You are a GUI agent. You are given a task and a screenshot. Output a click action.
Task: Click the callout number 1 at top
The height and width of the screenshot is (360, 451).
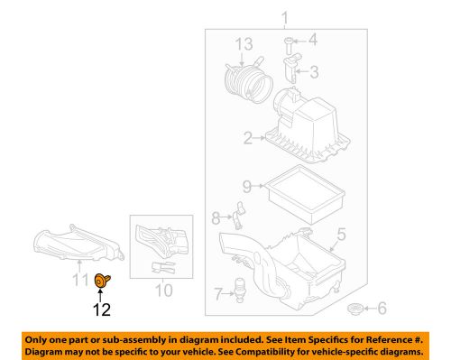tap(286, 19)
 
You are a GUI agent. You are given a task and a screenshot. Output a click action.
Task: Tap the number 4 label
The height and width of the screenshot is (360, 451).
tap(313, 40)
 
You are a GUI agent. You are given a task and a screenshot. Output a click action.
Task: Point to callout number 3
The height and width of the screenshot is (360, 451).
tap(313, 71)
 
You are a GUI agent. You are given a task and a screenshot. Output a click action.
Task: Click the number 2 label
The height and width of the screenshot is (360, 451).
tap(246, 138)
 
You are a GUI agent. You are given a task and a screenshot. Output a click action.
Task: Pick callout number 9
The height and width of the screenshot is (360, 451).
tap(245, 188)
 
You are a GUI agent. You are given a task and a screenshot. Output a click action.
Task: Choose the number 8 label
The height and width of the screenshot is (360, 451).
tap(216, 217)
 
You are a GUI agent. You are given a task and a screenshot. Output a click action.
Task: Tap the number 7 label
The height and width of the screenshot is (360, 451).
tap(217, 293)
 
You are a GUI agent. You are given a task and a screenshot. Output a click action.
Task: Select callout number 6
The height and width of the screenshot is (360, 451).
tap(380, 309)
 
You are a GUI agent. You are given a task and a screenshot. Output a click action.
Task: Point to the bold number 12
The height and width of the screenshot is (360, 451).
tap(101, 309)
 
